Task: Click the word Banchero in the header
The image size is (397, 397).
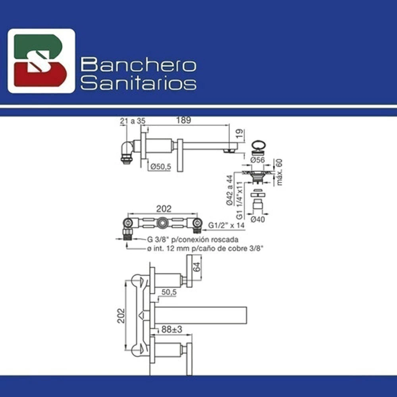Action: tap(138, 65)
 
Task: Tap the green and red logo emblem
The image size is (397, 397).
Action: tap(41, 61)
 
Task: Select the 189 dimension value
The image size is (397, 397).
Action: tap(183, 120)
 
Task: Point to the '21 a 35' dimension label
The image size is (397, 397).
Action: tap(133, 121)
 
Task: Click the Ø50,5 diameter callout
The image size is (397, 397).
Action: tap(161, 167)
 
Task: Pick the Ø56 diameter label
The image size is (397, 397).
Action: tap(258, 160)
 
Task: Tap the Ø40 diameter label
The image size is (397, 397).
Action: tap(258, 219)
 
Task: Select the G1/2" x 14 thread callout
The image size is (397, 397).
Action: tap(226, 225)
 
